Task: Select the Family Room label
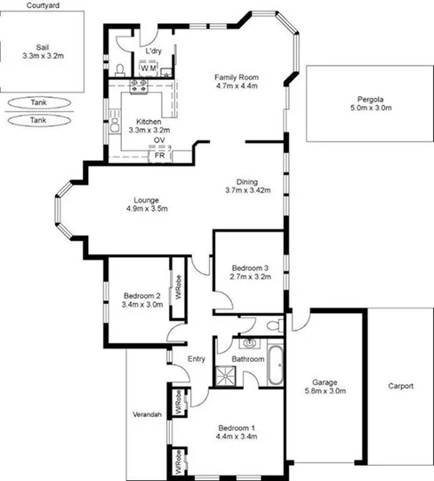point(236,82)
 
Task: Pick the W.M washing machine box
point(148,68)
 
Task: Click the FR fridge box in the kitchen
point(160,156)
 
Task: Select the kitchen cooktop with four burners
point(138,87)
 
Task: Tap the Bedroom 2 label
point(142,301)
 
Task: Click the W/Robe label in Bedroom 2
point(178,292)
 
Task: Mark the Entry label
point(197,359)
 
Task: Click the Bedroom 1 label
point(237,432)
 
